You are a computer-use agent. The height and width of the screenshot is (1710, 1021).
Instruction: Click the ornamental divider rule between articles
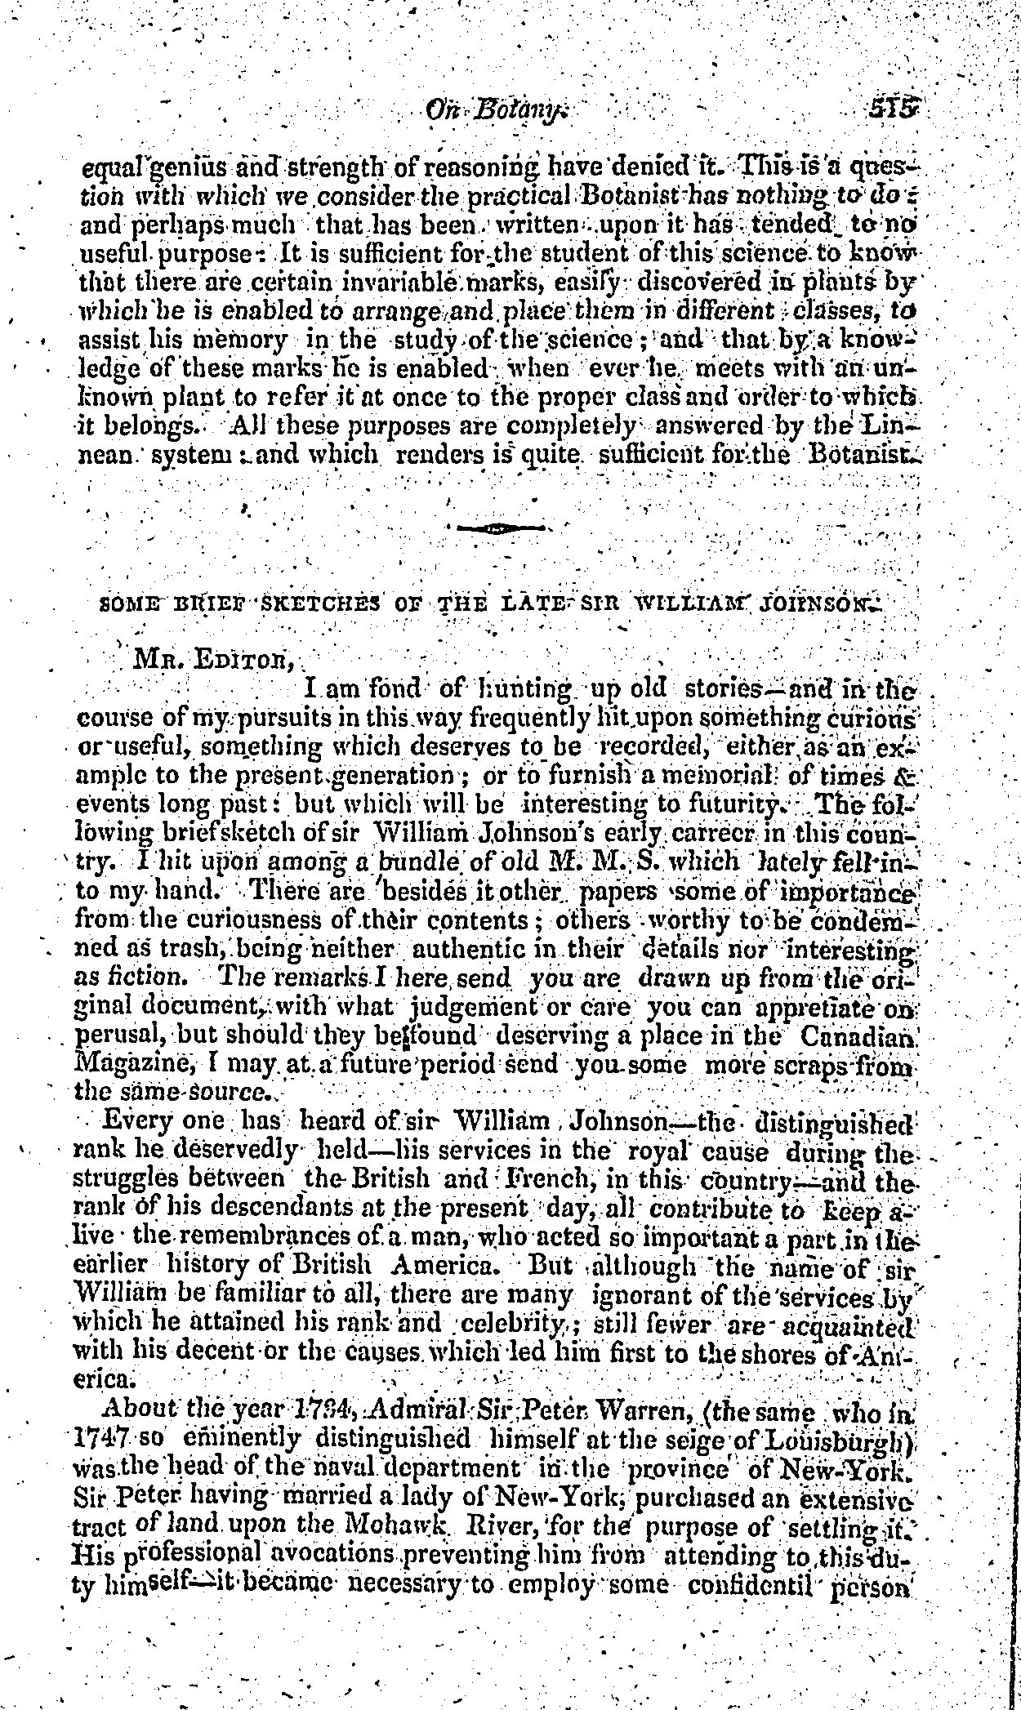coord(500,529)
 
